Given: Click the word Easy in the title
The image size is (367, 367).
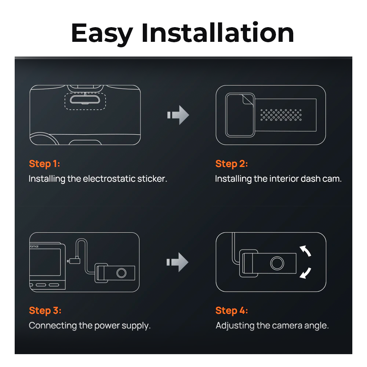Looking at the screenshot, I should pos(102,33).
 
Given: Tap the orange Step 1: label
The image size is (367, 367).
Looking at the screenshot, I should pos(44,164).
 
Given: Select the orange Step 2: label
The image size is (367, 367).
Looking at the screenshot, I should pos(232,164).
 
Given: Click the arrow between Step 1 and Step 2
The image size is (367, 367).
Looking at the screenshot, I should pos(178,115).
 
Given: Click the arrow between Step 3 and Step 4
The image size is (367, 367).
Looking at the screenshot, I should pos(178,262).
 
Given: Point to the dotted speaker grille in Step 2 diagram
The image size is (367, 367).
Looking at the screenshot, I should pos(281,115).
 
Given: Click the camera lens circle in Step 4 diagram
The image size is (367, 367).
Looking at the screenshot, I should pos(277,263).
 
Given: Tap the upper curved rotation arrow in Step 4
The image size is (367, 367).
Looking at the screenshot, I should pos(305,251).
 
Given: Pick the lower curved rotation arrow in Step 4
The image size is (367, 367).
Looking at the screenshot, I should pos(305,273).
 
